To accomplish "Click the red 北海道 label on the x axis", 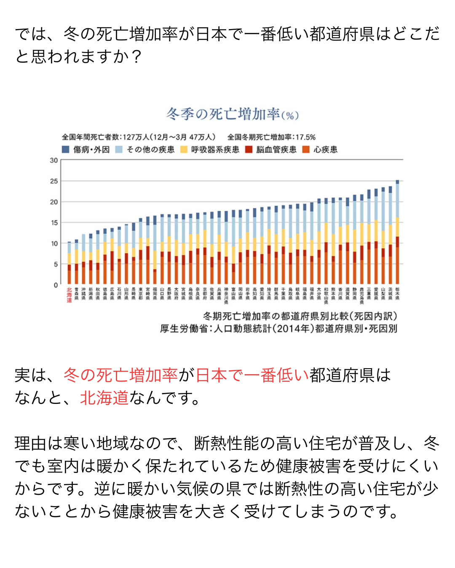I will [x=69, y=295].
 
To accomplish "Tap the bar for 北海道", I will [x=69, y=263].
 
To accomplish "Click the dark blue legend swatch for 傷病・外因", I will [x=65, y=149].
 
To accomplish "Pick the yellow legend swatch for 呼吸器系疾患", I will [x=184, y=149].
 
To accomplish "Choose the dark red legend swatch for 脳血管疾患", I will [x=249, y=149].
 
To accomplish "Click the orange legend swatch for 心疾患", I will [x=306, y=149].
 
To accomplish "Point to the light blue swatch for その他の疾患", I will [x=119, y=149].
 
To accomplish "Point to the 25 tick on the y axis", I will [x=54, y=181].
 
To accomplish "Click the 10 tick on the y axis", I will [x=54, y=244].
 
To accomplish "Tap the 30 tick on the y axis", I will [x=54, y=160].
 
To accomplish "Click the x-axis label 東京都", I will [x=141, y=293].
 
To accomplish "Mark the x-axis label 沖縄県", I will [x=83, y=293].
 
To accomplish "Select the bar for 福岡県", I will [x=155, y=250].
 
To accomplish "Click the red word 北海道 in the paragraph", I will [x=104, y=398].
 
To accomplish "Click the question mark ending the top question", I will [x=136, y=56].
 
